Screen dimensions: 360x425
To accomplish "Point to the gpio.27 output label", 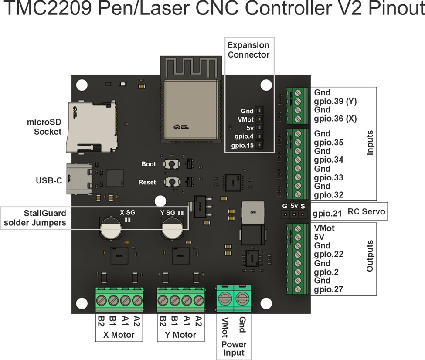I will [328, 289].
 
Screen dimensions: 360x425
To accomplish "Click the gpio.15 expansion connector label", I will [242, 146].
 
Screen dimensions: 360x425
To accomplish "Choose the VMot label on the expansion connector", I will [245, 119].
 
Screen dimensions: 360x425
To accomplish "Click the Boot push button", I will [173, 164].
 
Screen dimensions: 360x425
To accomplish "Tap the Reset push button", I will [173, 181].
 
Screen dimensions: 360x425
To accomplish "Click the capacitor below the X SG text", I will [110, 228].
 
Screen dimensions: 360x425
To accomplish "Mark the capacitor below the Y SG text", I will [171, 228].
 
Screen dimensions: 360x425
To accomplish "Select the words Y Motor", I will [181, 335].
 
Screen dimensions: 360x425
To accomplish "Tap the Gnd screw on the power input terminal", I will [243, 299].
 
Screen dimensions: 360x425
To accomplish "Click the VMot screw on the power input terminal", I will [225, 299].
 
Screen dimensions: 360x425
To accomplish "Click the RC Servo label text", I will [366, 212].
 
